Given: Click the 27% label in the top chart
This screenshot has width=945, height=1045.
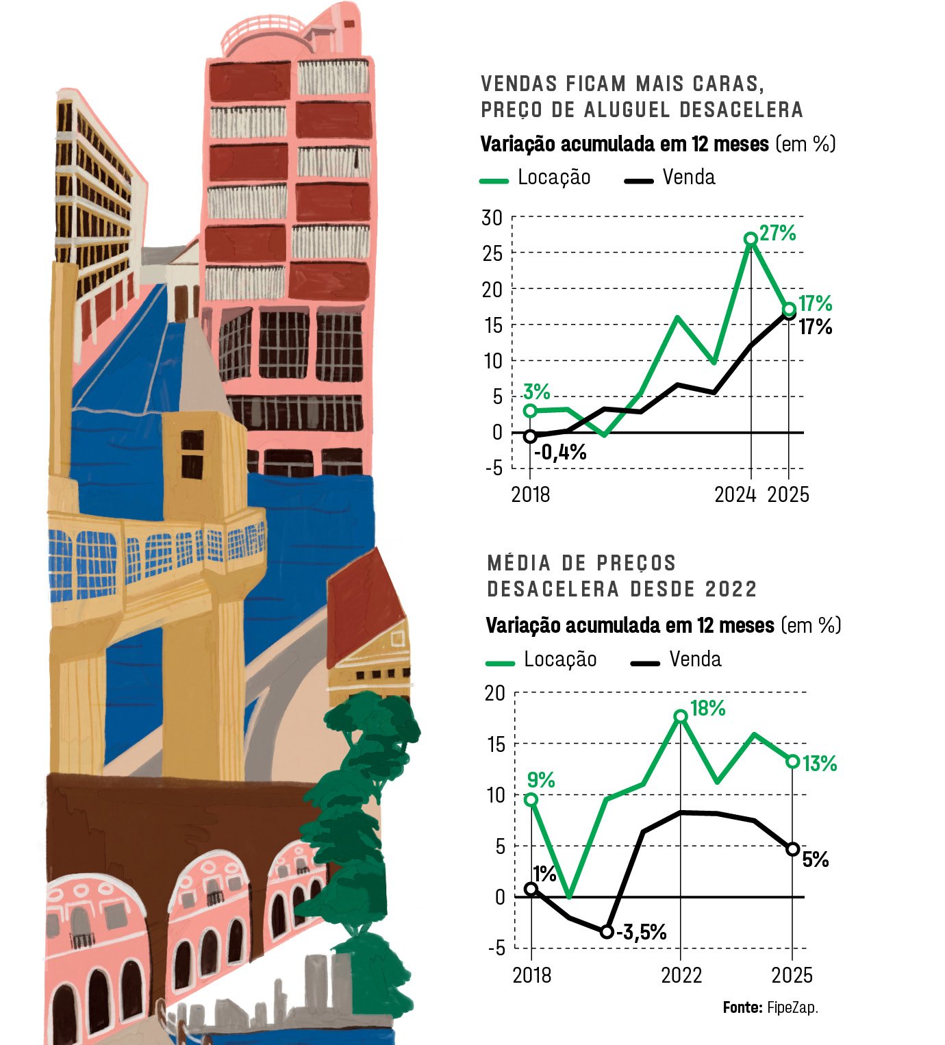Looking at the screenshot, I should [778, 233].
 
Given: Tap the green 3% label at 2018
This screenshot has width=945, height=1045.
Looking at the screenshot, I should [536, 392].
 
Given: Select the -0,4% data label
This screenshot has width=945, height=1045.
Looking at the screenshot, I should [560, 452].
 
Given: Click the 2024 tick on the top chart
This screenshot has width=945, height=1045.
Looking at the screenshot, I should [735, 494].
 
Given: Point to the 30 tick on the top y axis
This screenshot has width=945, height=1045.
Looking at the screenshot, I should [492, 218].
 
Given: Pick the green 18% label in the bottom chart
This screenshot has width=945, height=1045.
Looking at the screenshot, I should [708, 708].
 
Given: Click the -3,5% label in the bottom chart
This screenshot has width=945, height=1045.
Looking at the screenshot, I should [642, 932].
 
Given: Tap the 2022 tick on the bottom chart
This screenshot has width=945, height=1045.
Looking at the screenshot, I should [681, 975].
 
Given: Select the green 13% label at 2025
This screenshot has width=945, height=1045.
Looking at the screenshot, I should [820, 763].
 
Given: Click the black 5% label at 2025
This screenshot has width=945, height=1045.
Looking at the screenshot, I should [816, 859].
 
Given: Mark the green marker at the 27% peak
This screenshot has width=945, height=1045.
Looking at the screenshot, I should [751, 239].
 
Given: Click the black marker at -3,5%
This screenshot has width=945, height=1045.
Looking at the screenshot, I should [606, 932].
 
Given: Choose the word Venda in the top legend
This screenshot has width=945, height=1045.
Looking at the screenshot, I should [688, 177].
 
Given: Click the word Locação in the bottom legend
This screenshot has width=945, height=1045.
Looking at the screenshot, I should [560, 659].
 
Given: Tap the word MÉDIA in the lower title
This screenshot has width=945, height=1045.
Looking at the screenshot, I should [518, 563].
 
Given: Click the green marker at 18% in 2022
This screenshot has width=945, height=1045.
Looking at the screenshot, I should [680, 716].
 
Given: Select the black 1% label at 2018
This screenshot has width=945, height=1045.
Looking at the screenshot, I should [544, 873].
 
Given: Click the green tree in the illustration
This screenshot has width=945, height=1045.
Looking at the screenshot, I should [363, 822].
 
